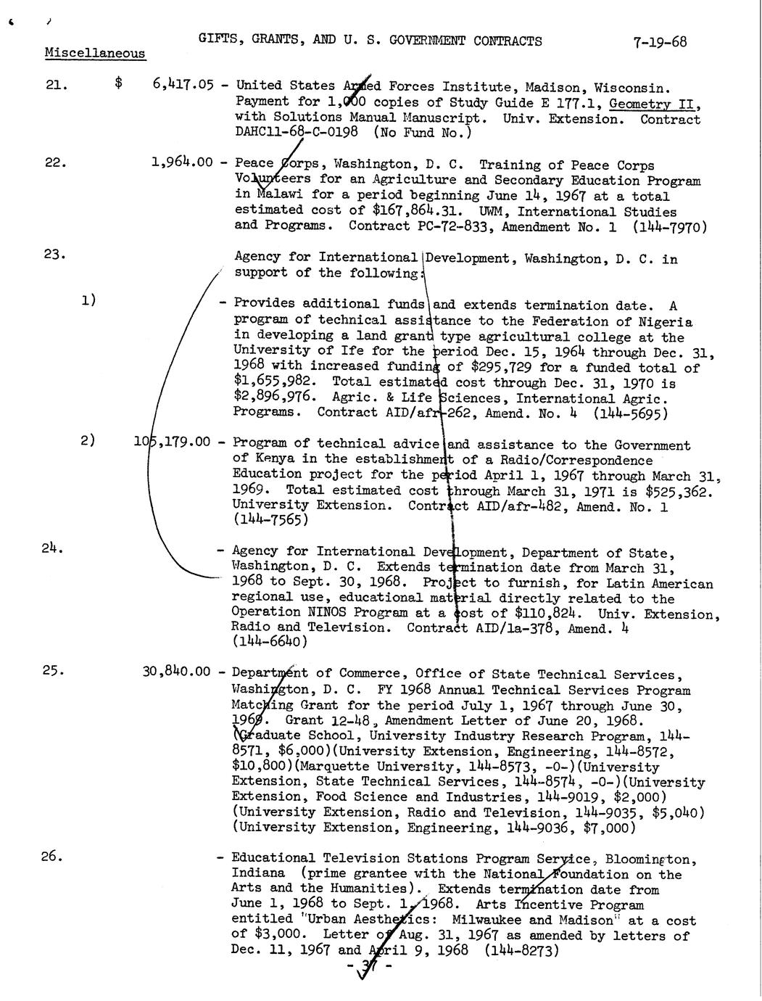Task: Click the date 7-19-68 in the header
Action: pos(659,41)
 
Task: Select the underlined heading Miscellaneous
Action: pos(94,53)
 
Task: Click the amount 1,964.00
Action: pos(182,162)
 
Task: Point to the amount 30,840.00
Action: pos(178,672)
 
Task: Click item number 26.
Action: pos(52,856)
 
